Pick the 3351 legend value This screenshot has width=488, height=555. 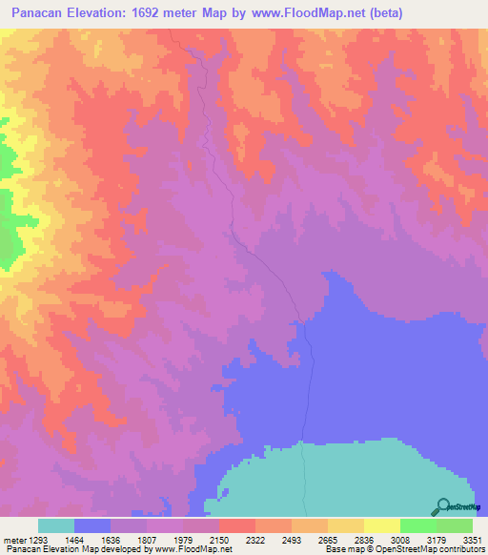coord(473,539)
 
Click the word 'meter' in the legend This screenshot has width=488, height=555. coord(12,539)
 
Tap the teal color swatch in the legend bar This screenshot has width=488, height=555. coord(56,525)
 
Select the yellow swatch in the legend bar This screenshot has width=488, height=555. coord(382,525)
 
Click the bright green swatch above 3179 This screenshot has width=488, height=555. coord(418,525)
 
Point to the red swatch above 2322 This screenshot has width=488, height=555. coord(237,525)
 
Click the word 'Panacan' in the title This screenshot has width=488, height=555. coord(30,13)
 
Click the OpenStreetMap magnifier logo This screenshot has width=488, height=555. coord(443,506)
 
